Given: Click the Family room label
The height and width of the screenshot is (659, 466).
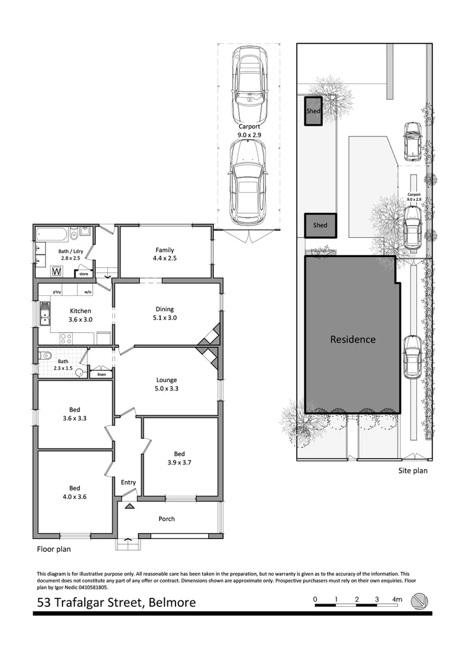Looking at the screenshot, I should pos(165,255).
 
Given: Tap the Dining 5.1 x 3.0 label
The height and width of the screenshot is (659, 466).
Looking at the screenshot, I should pos(165,313).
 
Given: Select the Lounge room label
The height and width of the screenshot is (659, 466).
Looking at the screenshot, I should pos(167,383).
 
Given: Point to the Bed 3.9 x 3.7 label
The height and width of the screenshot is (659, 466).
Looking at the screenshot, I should pos(179,458).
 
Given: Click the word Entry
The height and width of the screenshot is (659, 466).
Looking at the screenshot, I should pos(128,482).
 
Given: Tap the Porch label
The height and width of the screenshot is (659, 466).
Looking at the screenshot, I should pos(167,519).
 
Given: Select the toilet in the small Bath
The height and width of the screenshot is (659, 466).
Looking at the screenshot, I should pos(45,356).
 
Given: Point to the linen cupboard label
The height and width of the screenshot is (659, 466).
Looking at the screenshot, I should pos(101,374).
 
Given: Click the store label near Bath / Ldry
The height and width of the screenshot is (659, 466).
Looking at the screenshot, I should pos(84,274).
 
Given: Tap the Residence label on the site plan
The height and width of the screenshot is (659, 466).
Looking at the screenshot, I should pos(352,339).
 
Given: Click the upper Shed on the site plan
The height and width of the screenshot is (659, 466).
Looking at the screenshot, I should pos(313,112).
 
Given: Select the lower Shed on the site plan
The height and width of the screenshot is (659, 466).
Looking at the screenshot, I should pos(320,225).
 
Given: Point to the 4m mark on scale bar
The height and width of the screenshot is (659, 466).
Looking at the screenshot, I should pos(397,600).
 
